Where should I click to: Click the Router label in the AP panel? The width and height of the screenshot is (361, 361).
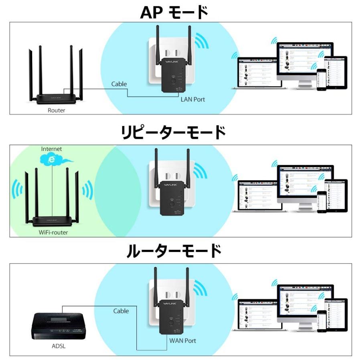(56, 110)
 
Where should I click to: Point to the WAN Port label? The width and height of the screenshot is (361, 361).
(183, 341)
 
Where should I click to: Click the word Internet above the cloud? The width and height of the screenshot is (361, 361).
(52, 149)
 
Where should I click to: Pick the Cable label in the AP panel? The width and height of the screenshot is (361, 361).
(119, 84)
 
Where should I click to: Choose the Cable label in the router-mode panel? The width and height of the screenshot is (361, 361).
(121, 311)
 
